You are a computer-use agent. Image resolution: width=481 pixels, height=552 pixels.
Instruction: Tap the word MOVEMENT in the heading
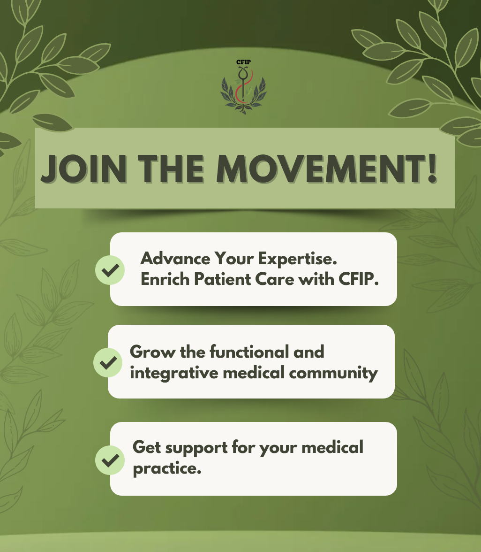point(319,168)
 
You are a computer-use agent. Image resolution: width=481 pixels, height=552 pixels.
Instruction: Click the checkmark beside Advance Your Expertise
point(110,270)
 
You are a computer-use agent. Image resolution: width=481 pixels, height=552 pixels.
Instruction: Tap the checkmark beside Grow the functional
point(108,362)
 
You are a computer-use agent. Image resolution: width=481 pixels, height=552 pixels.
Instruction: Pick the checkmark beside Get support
point(110,460)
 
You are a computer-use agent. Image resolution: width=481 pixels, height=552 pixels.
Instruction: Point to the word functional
point(242,352)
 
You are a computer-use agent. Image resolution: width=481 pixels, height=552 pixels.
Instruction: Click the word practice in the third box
point(166,468)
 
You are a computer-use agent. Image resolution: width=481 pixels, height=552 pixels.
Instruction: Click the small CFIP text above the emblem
point(243,62)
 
